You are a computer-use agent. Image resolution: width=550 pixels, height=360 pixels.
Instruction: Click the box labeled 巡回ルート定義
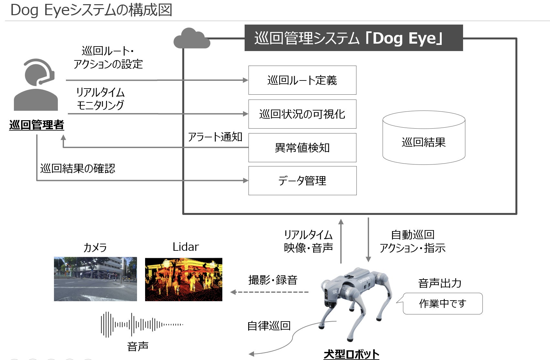click(x=302, y=80)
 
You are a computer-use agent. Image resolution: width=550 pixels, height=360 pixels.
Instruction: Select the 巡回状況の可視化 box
click(x=302, y=114)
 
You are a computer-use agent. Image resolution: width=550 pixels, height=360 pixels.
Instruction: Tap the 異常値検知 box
click(x=302, y=148)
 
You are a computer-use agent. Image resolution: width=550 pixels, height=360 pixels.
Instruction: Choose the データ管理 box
click(x=302, y=181)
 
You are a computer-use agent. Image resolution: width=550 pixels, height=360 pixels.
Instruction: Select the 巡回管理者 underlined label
click(x=37, y=125)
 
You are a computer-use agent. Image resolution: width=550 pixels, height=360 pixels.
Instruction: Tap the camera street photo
click(x=95, y=279)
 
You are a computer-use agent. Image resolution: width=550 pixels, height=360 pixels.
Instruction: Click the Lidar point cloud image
click(x=184, y=280)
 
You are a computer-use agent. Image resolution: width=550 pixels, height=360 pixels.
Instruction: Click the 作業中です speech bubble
click(x=442, y=303)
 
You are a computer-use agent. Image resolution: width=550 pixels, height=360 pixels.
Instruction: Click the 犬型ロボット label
click(x=351, y=354)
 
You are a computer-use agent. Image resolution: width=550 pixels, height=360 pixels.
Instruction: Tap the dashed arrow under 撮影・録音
click(x=270, y=292)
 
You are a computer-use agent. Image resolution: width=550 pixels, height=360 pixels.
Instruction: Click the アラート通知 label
click(x=215, y=137)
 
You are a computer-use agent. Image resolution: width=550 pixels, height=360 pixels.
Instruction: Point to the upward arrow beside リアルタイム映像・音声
click(x=341, y=241)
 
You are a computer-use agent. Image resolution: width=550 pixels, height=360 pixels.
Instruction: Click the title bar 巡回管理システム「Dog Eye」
click(x=354, y=38)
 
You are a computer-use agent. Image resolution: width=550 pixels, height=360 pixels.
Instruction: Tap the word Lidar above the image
click(x=185, y=247)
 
